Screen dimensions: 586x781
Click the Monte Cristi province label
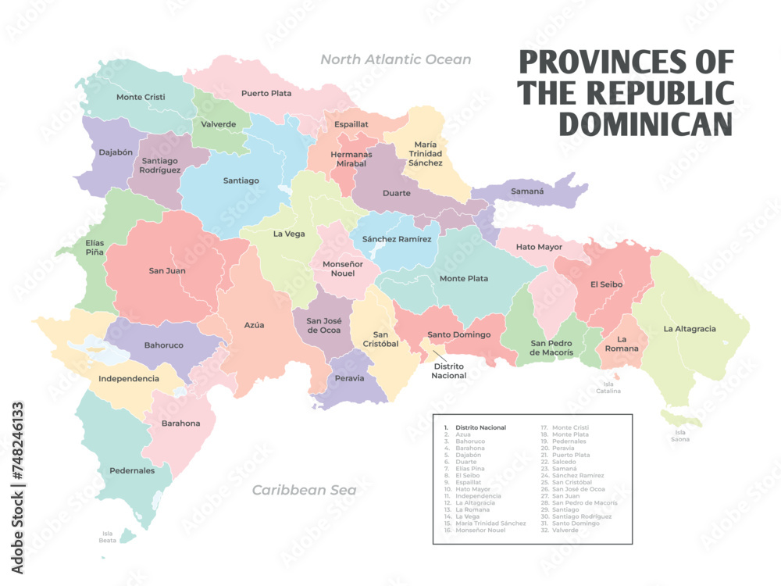(141, 97)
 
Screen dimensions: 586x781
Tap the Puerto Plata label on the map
(266, 93)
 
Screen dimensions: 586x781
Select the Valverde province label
(219, 124)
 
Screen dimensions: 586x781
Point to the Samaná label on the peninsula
(527, 191)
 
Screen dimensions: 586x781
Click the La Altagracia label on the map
(690, 329)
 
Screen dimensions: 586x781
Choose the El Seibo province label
(606, 284)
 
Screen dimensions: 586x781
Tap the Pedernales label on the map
(132, 470)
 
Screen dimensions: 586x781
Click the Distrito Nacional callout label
(449, 370)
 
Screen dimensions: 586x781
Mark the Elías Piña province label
(95, 248)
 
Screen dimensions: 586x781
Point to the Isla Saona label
(680, 435)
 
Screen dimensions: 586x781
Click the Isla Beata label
(108, 537)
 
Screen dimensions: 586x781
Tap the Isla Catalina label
(608, 388)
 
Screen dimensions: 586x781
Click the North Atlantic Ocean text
(396, 59)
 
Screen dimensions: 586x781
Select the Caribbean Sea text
(304, 490)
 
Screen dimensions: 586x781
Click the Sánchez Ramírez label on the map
(397, 239)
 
